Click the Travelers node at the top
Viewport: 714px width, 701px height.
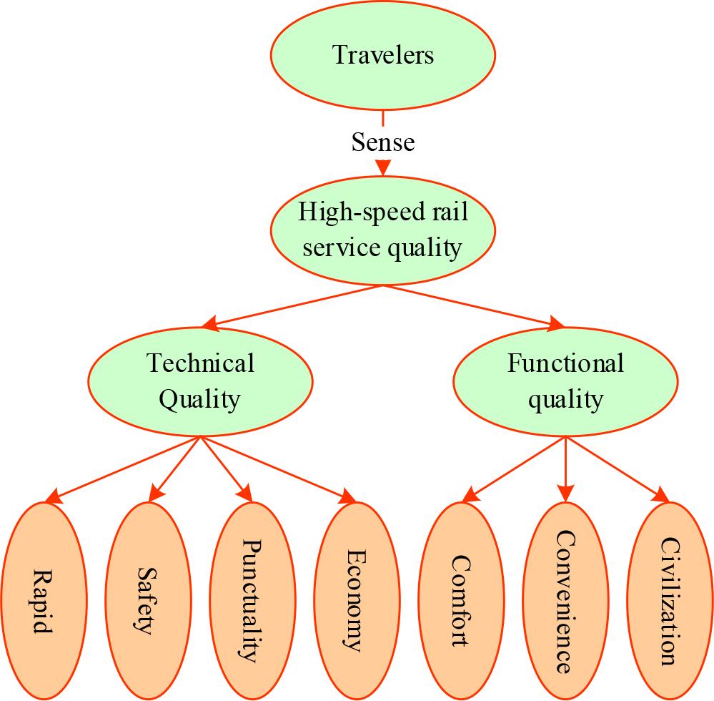click(383, 56)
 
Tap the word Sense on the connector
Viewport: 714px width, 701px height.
click(383, 142)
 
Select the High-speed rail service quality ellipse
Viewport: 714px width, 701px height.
click(383, 230)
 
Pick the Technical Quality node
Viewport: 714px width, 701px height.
click(199, 381)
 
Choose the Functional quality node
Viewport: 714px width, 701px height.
click(565, 381)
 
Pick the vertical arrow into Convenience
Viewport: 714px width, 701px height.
click(565, 469)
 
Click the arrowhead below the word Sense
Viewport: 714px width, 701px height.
click(383, 167)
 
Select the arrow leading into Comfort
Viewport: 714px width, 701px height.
click(514, 469)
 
